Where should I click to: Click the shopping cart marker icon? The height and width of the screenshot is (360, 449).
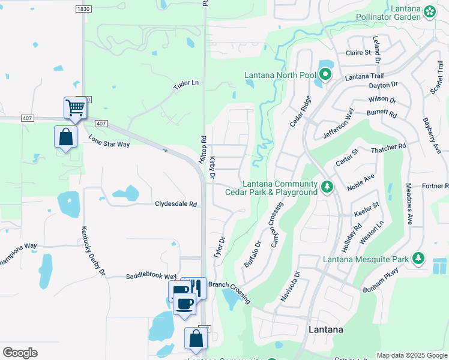click(76, 108)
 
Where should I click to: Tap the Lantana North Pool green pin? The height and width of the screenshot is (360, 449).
click(325, 75)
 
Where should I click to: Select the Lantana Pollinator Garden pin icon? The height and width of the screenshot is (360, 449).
click(430, 12)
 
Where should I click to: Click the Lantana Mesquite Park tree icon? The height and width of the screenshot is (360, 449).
click(418, 259)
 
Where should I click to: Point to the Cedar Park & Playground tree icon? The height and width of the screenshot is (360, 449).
click(327, 187)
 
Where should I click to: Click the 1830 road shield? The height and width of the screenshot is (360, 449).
click(85, 9)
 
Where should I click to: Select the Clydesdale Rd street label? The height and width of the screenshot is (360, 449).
click(176, 204)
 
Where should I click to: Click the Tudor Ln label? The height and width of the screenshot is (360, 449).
click(185, 82)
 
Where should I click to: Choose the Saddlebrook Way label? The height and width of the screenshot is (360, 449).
click(151, 276)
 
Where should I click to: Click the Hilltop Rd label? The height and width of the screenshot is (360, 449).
click(203, 147)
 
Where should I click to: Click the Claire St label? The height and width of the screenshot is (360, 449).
click(358, 53)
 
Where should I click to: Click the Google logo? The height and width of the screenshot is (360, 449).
click(20, 353)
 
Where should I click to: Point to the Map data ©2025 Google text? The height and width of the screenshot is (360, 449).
click(411, 355)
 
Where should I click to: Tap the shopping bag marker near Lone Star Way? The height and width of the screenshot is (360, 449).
click(65, 137)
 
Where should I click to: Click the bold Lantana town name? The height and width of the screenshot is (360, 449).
click(326, 330)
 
